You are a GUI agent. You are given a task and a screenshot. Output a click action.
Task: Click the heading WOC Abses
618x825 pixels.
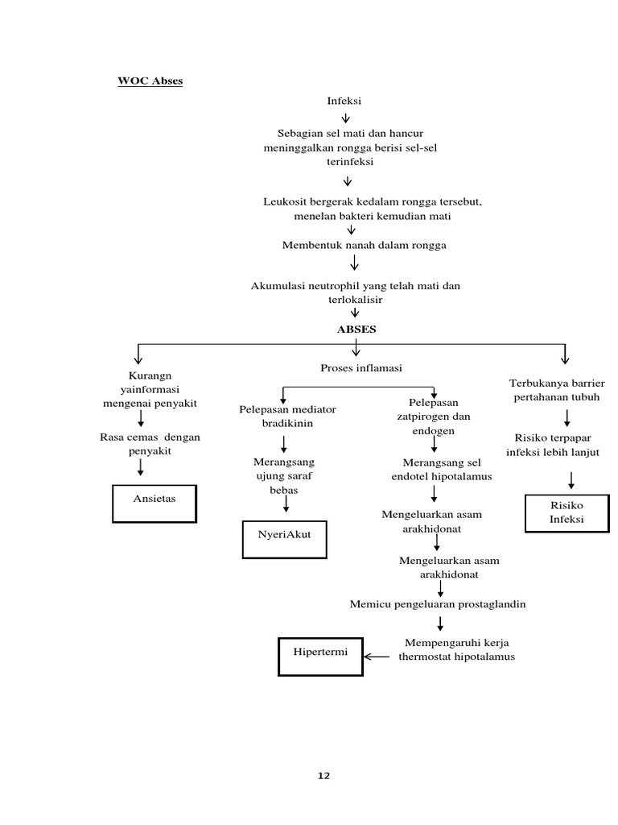pyautogui.click(x=150, y=81)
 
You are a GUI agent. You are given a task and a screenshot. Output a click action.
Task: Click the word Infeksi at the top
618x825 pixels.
pyautogui.click(x=344, y=101)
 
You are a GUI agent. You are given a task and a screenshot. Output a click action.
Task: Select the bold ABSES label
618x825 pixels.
pyautogui.click(x=356, y=329)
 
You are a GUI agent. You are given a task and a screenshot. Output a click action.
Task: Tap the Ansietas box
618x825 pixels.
pyautogui.click(x=154, y=504)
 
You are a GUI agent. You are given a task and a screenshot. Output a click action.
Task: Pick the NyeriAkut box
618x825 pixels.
pyautogui.click(x=284, y=539)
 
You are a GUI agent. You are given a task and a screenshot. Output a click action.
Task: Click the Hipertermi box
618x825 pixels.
pyautogui.click(x=320, y=657)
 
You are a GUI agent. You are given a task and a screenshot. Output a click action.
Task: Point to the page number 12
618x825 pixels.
pyautogui.click(x=323, y=776)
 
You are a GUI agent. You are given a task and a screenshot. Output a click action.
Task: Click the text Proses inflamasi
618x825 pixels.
pyautogui.click(x=360, y=368)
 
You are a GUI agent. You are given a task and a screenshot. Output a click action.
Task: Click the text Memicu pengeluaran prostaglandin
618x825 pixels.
pyautogui.click(x=438, y=604)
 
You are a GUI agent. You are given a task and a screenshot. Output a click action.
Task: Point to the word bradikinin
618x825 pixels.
pyautogui.click(x=287, y=423)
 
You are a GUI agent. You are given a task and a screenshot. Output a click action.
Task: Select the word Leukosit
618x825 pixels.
pyautogui.click(x=284, y=201)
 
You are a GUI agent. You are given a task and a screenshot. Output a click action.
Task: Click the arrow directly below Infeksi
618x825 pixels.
pyautogui.click(x=346, y=117)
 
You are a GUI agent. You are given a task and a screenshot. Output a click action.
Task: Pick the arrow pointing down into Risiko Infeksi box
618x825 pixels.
pyautogui.click(x=571, y=480)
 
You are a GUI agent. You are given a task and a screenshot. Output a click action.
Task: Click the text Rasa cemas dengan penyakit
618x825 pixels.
pyautogui.click(x=150, y=444)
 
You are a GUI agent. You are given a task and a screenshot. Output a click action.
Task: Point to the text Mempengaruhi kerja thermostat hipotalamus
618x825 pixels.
pyautogui.click(x=456, y=649)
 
